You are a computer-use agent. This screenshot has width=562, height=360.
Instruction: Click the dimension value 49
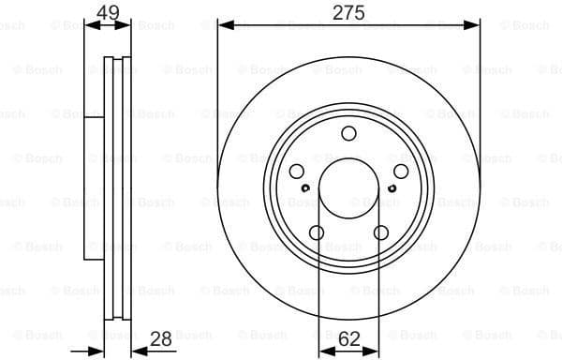(107, 12)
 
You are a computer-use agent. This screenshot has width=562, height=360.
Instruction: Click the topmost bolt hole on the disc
(348, 133)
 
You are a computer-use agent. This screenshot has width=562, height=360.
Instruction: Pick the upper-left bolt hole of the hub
(297, 171)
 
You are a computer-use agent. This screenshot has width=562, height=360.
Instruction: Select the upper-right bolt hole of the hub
(400, 171)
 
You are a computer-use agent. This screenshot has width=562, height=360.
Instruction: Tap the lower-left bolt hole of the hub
(317, 232)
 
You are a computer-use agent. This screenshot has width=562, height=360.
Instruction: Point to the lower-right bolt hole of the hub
(380, 232)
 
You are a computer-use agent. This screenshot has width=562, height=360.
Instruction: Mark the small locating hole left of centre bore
(305, 188)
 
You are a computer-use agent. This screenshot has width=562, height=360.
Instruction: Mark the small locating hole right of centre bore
(392, 188)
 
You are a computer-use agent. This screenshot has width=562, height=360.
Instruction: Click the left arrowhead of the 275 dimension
(223, 25)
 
